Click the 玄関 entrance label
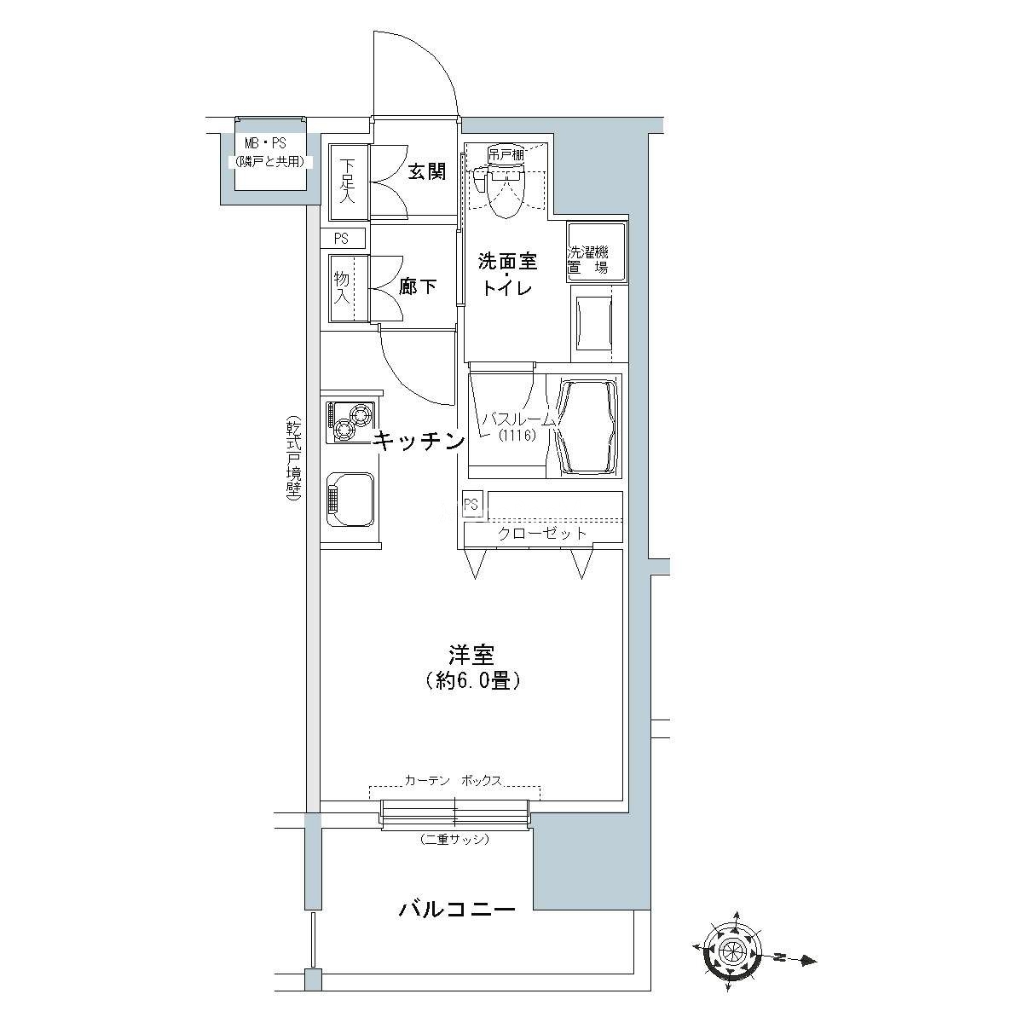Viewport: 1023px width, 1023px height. tap(426, 171)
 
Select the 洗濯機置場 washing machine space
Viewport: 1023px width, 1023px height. tap(597, 251)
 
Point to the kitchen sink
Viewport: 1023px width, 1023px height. tap(350, 500)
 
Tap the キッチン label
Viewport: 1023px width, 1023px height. tap(418, 441)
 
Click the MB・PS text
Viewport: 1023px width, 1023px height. tap(265, 143)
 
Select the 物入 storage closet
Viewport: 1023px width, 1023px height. tap(349, 288)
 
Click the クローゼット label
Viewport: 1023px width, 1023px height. tap(541, 533)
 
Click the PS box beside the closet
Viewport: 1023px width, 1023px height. tap(471, 503)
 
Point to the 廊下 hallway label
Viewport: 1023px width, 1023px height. tap(418, 287)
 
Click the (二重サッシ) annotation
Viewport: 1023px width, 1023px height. tap(454, 840)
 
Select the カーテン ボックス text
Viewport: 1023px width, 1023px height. tap(453, 780)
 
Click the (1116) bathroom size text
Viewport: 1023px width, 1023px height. tap(517, 436)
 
